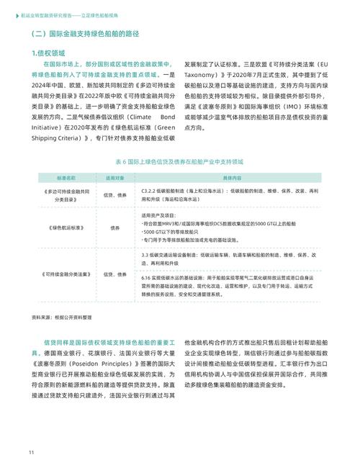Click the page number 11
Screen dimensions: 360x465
32,451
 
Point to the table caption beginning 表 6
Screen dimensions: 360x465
179,161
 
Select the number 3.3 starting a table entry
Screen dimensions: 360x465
145,255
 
